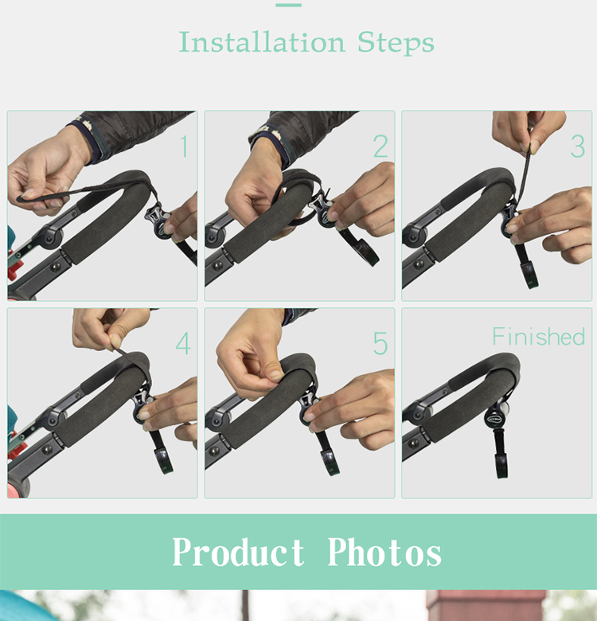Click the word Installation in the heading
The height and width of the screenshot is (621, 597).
pos(262,41)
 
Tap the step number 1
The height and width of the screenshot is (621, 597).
pos(183,147)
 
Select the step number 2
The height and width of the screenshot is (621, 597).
pos(380,147)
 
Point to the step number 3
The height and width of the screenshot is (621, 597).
pos(577,147)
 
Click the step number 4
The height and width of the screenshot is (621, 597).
pos(183,345)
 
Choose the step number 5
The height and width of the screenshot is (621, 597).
pos(380,345)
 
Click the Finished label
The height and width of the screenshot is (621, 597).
pos(538,337)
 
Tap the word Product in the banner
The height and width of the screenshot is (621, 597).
pos(238,553)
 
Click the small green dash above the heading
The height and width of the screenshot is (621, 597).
pos(288,5)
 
